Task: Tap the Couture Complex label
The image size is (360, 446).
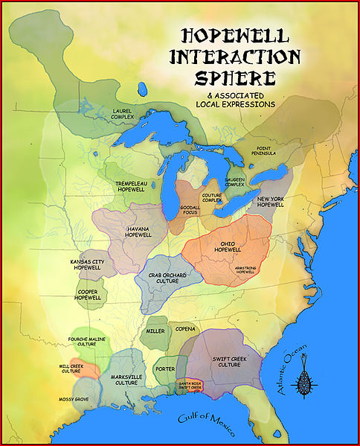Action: tap(212, 197)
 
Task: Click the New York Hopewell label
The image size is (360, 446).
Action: tap(271, 202)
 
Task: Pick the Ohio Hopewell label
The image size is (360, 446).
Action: tap(228, 247)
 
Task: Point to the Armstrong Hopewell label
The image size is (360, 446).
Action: tap(238, 270)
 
